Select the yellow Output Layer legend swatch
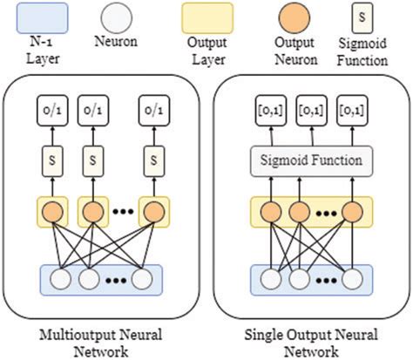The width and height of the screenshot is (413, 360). (207, 16)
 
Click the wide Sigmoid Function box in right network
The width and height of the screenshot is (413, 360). (311, 160)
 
